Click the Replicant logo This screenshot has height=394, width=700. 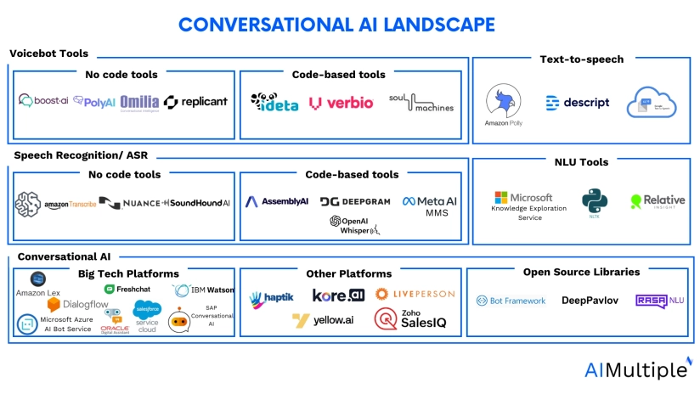coord(196,102)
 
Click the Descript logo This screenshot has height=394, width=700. coord(578,103)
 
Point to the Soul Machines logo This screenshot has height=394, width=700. coord(421,103)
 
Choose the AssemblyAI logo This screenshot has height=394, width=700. coord(277,202)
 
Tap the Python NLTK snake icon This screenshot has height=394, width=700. coord(595,201)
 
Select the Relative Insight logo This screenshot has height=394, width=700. coord(658,201)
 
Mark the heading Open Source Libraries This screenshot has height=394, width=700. coord(582,272)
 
